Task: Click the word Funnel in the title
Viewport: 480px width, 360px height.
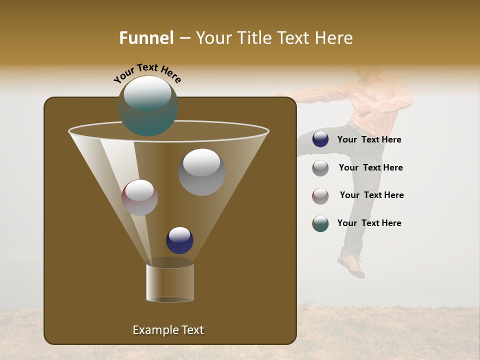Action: (146, 38)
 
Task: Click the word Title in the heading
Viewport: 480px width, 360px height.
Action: (254, 38)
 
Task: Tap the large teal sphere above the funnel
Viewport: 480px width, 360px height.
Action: (148, 106)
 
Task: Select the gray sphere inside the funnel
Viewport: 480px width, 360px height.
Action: (201, 171)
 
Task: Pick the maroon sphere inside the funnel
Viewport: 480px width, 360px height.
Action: (139, 197)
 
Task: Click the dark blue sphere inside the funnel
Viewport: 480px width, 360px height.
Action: (179, 240)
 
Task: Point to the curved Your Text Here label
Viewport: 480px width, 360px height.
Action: (147, 73)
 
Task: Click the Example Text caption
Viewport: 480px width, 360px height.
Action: (168, 330)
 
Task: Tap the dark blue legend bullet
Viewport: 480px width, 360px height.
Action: (320, 139)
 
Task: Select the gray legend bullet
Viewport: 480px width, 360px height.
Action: (320, 168)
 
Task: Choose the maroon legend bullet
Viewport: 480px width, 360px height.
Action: (320, 196)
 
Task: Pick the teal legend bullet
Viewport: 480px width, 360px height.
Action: (320, 223)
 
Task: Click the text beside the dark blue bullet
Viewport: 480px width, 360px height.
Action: (369, 140)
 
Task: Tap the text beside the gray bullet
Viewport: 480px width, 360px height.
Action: (370, 168)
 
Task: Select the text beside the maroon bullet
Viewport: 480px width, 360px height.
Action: (371, 195)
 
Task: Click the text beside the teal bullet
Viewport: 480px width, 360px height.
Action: (369, 223)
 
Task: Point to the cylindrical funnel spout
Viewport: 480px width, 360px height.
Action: (170, 282)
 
